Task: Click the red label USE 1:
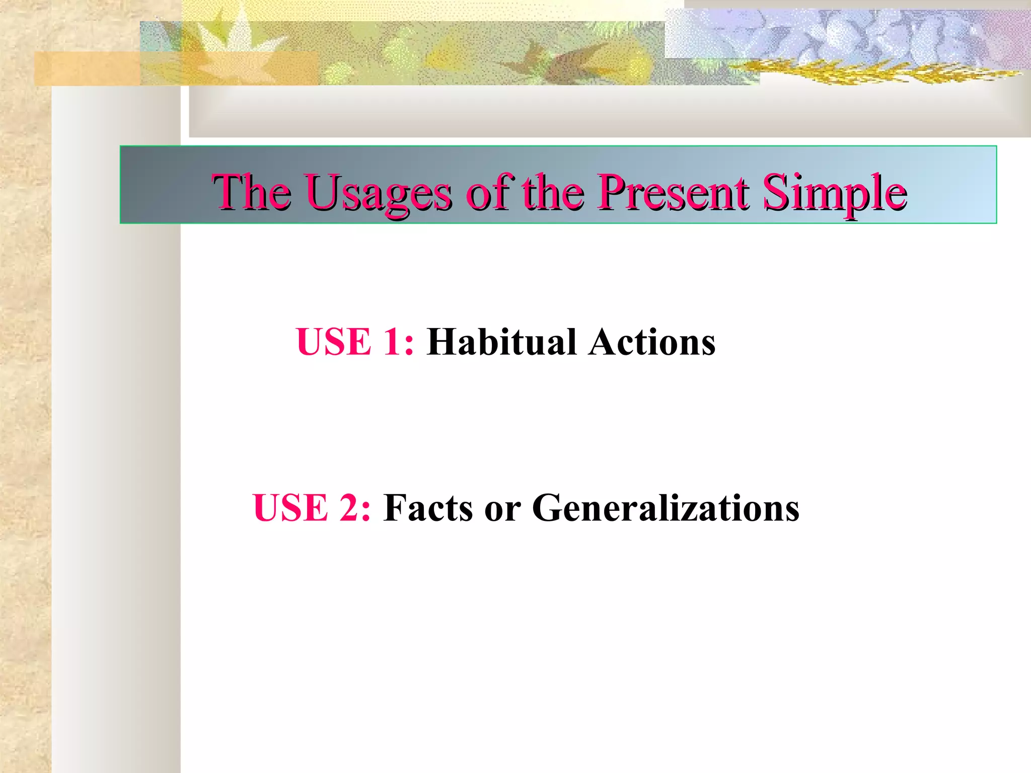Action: tap(355, 342)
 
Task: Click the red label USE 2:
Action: tap(312, 508)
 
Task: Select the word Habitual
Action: tap(501, 342)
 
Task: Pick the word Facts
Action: tap(427, 508)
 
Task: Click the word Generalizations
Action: tap(665, 508)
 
